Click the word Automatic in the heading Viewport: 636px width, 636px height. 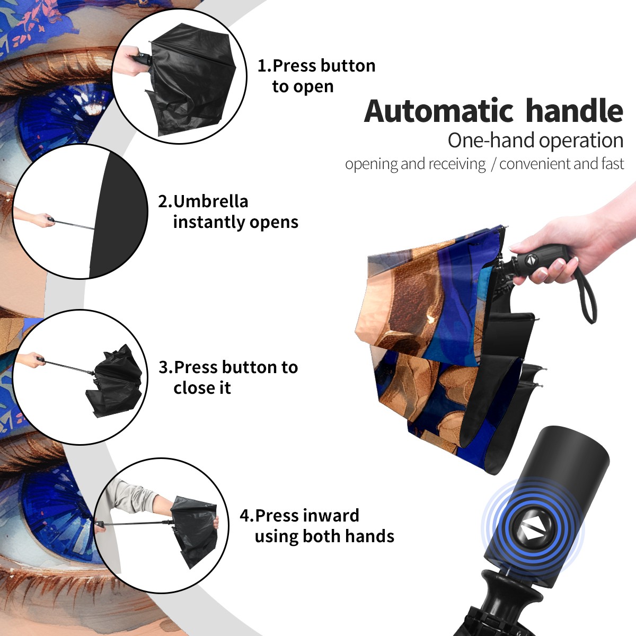439,111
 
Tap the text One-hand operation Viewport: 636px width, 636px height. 535,141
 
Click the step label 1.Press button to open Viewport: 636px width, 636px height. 316,76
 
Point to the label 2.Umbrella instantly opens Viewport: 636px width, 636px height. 228,211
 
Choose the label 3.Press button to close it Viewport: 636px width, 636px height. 228,377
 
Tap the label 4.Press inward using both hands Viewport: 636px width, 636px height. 317,526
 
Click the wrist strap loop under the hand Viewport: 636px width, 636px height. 587,297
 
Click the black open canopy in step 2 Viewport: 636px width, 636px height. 119,215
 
